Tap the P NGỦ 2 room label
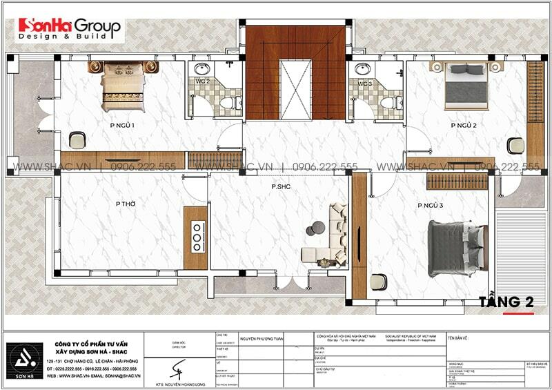click(464, 126)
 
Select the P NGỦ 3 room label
click(430, 206)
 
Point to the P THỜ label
click(125, 204)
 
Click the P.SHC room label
click(280, 186)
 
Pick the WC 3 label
click(364, 84)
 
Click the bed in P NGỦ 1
click(123, 86)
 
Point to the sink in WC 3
click(361, 69)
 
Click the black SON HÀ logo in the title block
click(26, 360)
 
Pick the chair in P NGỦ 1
click(77, 140)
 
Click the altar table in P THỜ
click(195, 237)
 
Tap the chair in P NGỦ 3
click(378, 282)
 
